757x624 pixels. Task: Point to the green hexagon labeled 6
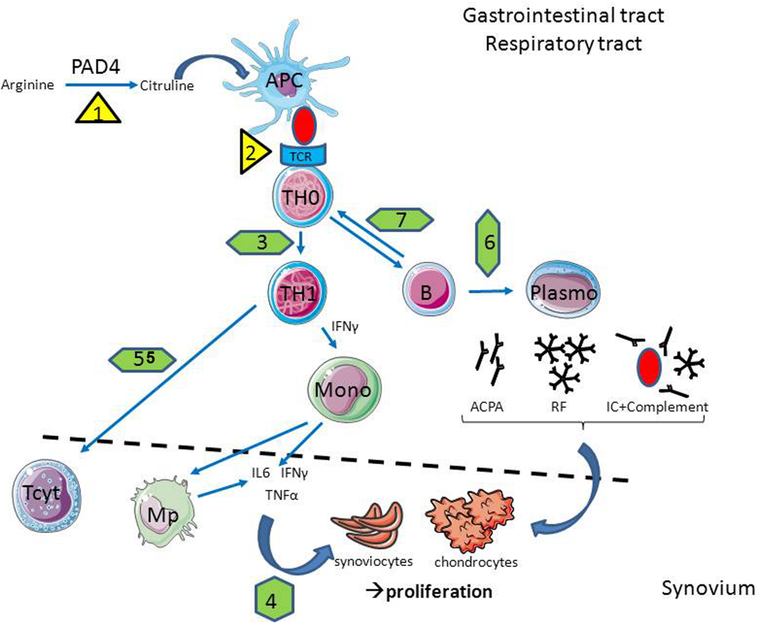tap(487, 243)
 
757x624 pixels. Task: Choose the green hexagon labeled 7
tap(400, 220)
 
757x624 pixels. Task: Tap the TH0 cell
tap(302, 197)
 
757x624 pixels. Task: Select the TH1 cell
tap(297, 293)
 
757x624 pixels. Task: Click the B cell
tap(428, 290)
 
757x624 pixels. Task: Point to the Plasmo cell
tap(563, 291)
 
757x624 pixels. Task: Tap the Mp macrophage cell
tap(163, 514)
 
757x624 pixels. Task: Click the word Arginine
tap(28, 85)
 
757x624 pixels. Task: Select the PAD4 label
tap(96, 67)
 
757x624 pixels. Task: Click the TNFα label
tap(282, 496)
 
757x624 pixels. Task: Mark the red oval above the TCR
tap(304, 126)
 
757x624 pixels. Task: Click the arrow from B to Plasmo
tap(490, 292)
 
